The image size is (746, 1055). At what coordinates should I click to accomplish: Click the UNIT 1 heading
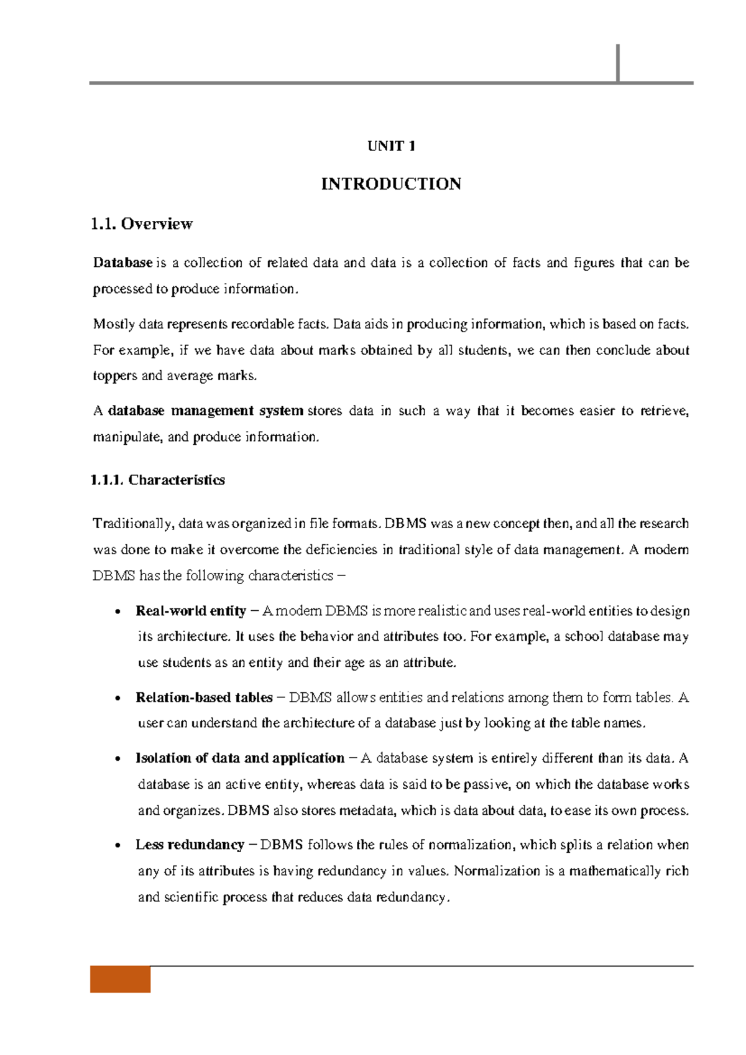391,146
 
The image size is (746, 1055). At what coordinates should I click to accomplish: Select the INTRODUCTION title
391,184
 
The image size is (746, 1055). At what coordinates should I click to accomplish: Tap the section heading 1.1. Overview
142,224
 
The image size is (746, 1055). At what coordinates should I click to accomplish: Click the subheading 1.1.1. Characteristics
158,480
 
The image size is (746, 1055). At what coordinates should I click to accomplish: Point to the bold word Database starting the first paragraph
122,263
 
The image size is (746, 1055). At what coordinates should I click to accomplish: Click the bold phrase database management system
206,411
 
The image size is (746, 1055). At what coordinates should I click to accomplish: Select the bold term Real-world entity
191,611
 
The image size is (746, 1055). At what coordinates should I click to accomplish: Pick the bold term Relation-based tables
204,698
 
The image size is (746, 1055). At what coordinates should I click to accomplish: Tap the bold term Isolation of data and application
239,758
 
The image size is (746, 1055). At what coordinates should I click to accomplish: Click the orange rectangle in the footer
121,979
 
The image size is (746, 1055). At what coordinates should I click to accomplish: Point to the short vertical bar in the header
618,63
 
